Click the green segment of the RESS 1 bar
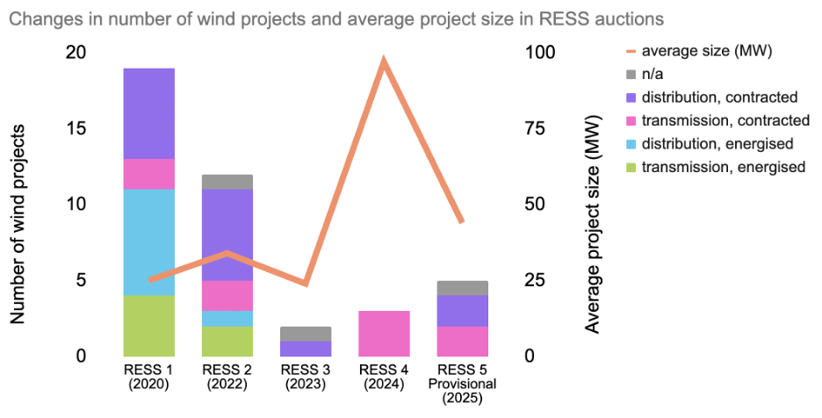tap(148, 326)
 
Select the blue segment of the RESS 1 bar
tap(148, 242)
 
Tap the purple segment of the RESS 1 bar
tap(148, 113)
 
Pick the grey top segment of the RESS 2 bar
tap(227, 182)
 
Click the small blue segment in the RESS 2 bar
tap(227, 319)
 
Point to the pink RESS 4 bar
tap(385, 334)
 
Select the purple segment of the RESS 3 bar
tap(306, 349)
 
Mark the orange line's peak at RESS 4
tap(384, 61)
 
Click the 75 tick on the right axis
tap(536, 128)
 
